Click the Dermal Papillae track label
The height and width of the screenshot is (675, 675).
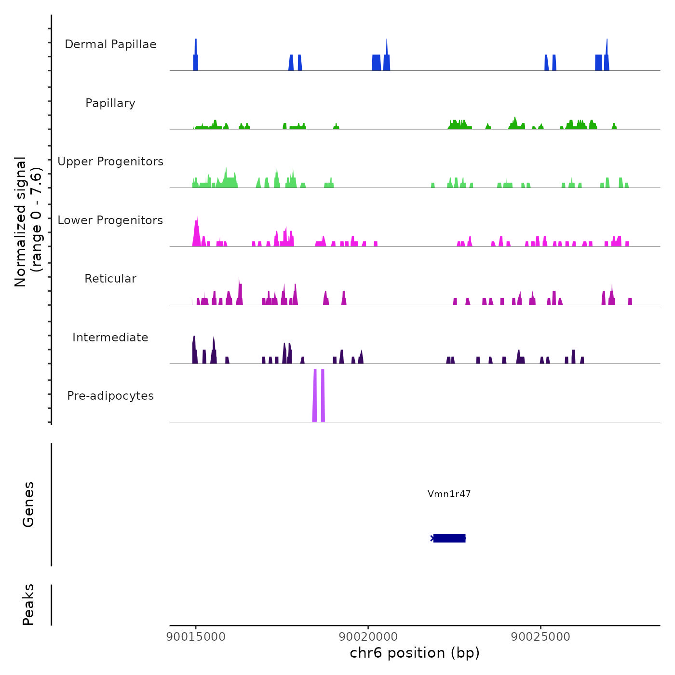tap(110, 44)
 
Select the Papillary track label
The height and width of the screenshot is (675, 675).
tap(110, 103)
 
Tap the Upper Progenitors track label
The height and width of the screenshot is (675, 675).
tap(110, 162)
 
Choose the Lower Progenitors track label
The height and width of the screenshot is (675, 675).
tap(110, 220)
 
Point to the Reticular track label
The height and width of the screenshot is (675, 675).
tap(110, 279)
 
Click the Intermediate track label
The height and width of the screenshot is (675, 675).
tap(110, 337)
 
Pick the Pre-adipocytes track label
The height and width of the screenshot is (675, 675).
tap(110, 396)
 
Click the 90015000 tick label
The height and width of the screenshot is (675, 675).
tap(196, 637)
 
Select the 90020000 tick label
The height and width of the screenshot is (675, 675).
tap(368, 637)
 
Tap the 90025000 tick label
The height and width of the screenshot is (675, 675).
tap(540, 637)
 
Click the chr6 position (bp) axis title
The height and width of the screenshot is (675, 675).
tap(415, 653)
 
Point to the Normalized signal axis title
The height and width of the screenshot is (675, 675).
tap(28, 222)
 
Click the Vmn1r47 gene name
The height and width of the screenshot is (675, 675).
tap(449, 494)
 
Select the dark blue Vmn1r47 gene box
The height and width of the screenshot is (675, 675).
tap(449, 538)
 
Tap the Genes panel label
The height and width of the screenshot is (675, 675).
tap(28, 504)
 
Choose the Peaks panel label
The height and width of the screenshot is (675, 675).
tap(28, 605)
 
